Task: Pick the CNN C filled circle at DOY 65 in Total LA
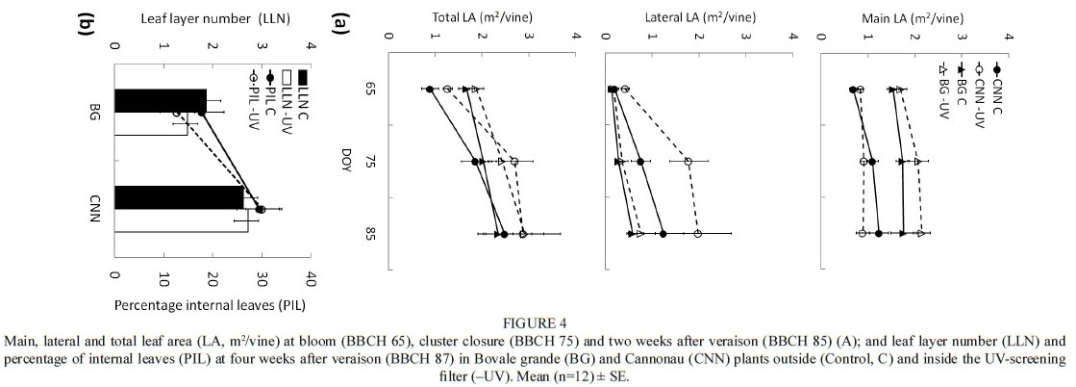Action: (430, 90)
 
